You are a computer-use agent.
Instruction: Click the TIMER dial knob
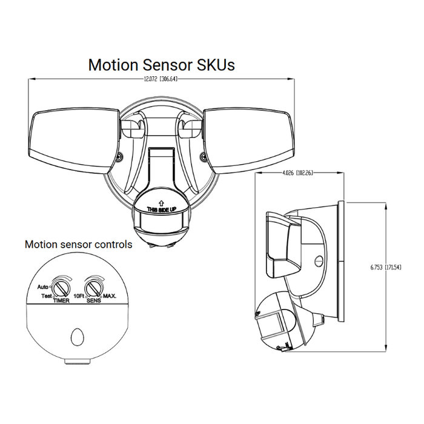[61, 286]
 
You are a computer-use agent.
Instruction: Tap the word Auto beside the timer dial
[42, 287]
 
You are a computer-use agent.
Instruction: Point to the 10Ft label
[79, 296]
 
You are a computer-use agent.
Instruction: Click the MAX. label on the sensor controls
[110, 296]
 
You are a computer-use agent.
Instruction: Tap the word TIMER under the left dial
[61, 301]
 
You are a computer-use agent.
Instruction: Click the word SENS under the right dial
[94, 301]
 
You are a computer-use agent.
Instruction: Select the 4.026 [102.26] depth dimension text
[298, 174]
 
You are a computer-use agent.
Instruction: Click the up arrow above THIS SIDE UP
[161, 202]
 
